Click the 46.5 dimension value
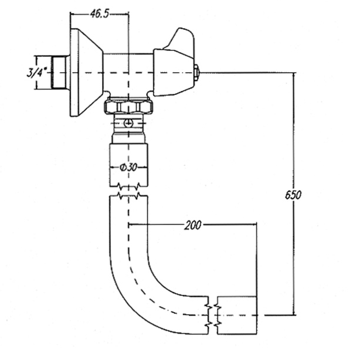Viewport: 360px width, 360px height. pyautogui.click(x=99, y=13)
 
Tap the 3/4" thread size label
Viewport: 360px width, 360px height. pyautogui.click(x=36, y=72)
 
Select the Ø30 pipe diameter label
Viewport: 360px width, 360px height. pyautogui.click(x=128, y=167)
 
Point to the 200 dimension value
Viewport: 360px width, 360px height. pyautogui.click(x=193, y=225)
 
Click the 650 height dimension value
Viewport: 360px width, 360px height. pyautogui.click(x=293, y=195)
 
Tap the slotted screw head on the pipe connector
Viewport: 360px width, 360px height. pyautogui.click(x=128, y=123)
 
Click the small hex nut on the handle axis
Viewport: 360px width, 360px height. pyautogui.click(x=196, y=73)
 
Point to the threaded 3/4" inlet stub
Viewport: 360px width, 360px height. pyautogui.click(x=59, y=72)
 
